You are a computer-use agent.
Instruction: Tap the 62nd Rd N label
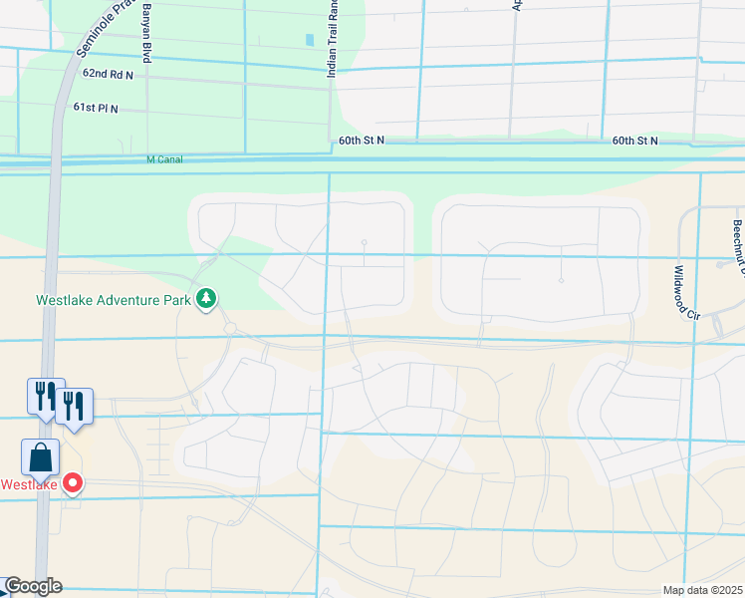[x=109, y=74]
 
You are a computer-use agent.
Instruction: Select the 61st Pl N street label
[x=96, y=108]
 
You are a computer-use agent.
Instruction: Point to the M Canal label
[x=165, y=159]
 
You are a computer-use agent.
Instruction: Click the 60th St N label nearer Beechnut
[x=634, y=141]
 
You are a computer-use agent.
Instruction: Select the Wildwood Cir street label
[x=685, y=292]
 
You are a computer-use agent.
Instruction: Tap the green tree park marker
[x=206, y=298]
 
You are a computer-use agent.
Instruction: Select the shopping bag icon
[x=41, y=457]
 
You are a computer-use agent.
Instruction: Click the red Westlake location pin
[x=73, y=484]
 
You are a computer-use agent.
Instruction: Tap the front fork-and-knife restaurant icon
[x=74, y=406]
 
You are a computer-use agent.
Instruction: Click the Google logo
[x=32, y=586]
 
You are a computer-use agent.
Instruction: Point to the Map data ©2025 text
[x=702, y=590]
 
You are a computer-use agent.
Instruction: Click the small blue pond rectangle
[x=310, y=40]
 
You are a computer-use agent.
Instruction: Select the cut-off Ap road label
[x=517, y=6]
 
